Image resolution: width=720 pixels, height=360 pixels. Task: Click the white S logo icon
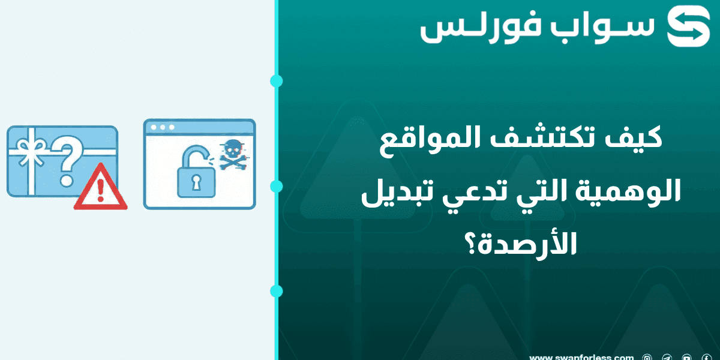(x=688, y=27)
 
